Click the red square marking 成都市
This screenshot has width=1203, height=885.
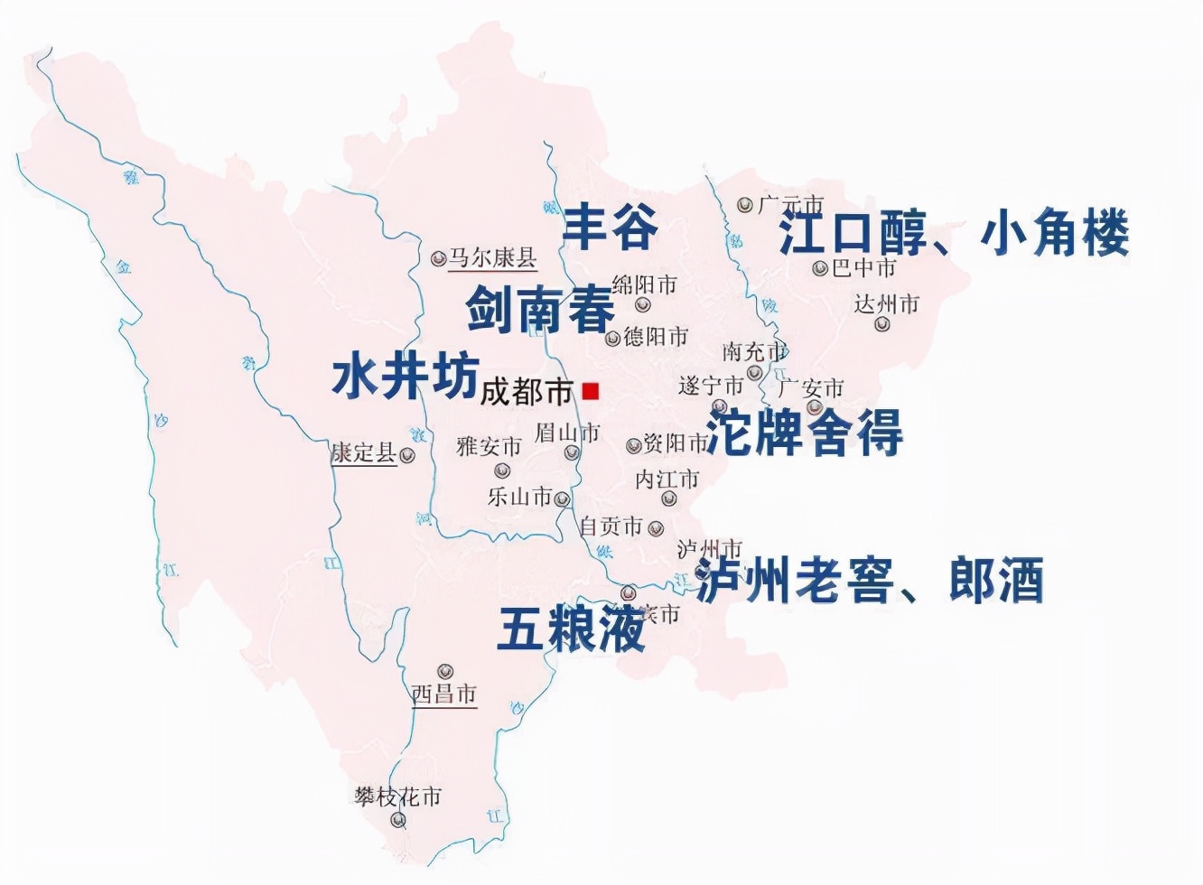tap(591, 390)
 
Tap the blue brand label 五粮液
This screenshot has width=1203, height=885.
tap(571, 628)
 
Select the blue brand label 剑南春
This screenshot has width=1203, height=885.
tap(540, 309)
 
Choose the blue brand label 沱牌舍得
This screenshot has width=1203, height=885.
tap(804, 433)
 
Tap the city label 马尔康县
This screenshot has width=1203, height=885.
tap(492, 258)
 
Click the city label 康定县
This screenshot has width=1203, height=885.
tap(364, 452)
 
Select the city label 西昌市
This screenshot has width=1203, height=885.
tap(443, 694)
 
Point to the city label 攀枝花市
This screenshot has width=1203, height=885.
tap(397, 796)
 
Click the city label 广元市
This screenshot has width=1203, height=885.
tap(790, 205)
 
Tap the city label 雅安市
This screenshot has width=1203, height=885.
tap(489, 446)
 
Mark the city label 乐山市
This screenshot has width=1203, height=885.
tap(519, 496)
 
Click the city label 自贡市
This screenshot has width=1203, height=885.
tap(611, 526)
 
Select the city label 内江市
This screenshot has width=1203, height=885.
tap(667, 479)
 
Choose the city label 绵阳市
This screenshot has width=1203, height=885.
tap(644, 285)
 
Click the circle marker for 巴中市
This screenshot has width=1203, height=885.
tap(820, 268)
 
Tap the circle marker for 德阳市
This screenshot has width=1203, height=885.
tap(613, 339)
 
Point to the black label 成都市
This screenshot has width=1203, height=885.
tap(527, 392)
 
